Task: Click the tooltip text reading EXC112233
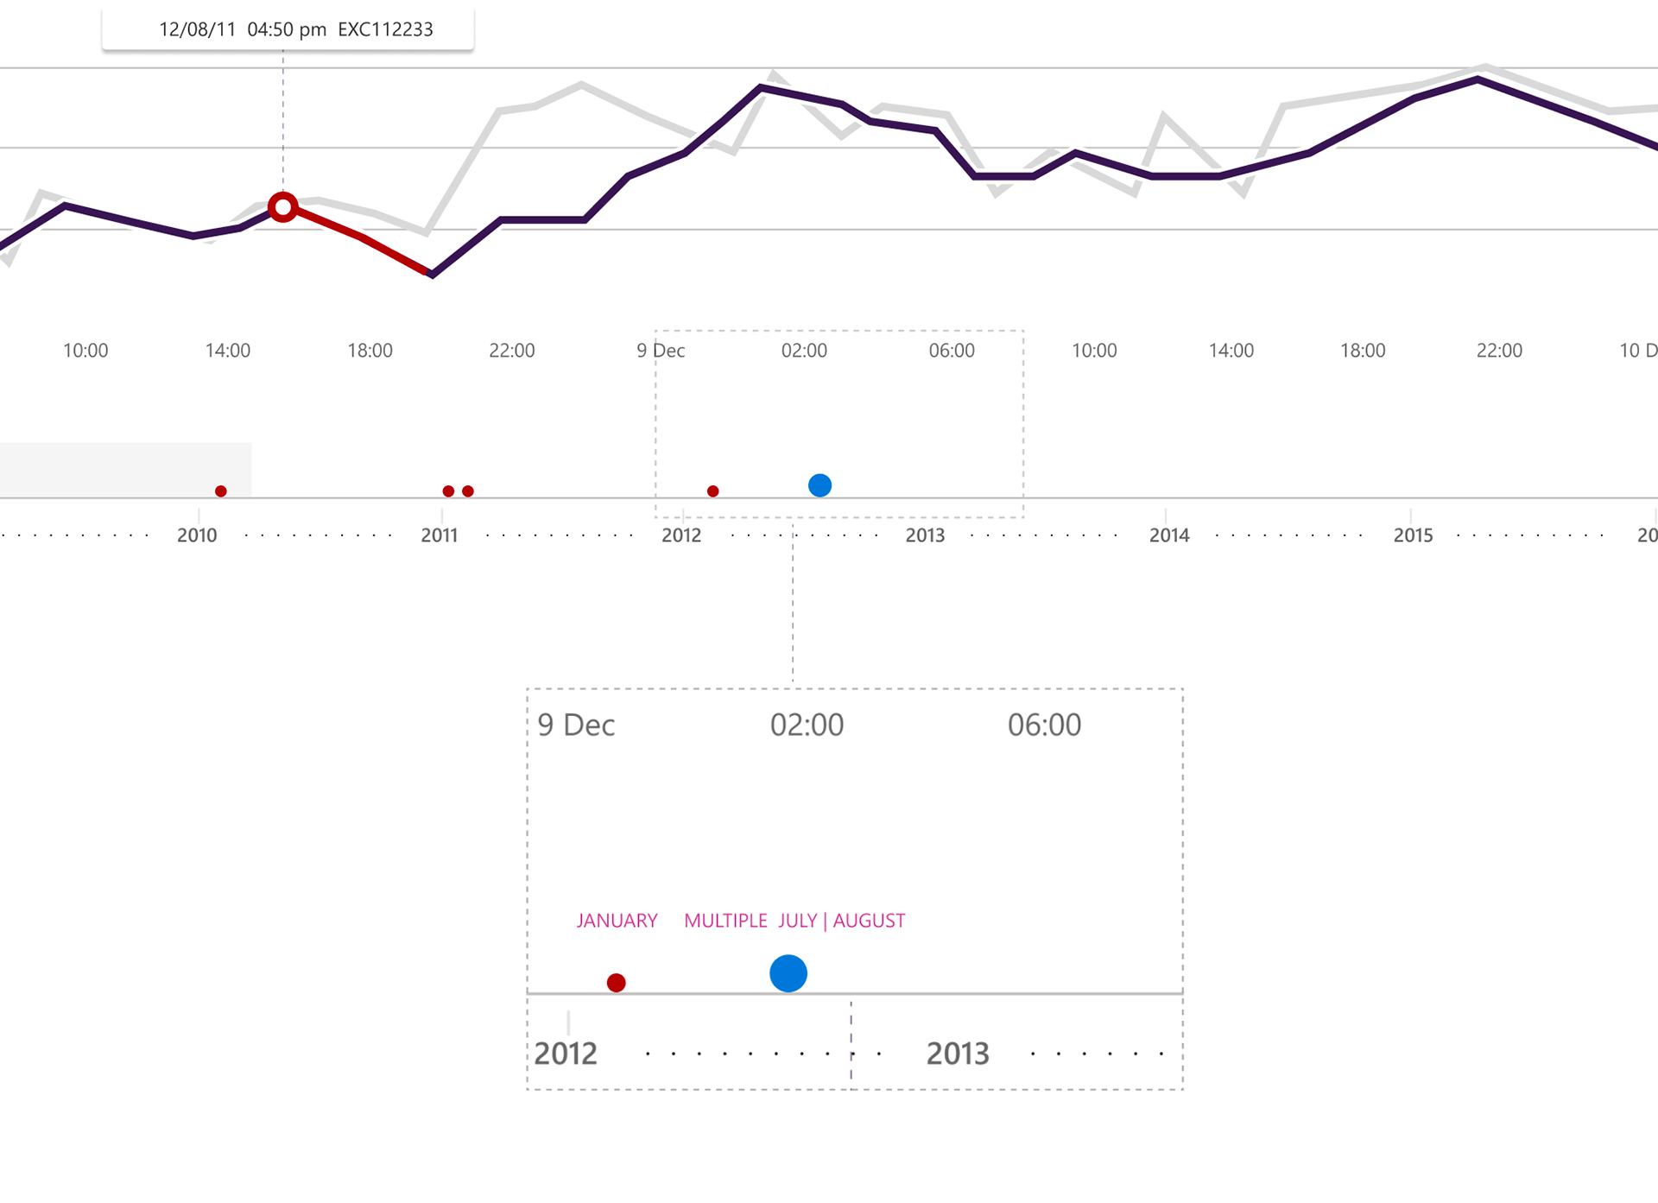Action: point(385,29)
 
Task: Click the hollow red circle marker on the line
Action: point(282,207)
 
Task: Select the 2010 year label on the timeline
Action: point(197,535)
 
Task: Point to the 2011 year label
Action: point(440,535)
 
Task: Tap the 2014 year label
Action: point(1169,535)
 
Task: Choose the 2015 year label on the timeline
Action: point(1413,535)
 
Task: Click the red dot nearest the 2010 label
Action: point(221,491)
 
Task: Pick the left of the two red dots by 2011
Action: point(448,491)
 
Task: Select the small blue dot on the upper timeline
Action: point(820,485)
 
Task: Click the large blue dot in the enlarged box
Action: point(788,973)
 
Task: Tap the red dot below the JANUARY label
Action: point(616,983)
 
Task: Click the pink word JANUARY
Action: point(617,921)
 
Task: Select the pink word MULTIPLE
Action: point(725,921)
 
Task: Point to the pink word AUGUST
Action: point(869,921)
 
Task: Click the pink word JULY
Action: point(797,921)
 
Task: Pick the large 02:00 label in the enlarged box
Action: point(807,725)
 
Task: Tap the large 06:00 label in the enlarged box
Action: point(1044,725)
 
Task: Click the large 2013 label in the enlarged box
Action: point(958,1054)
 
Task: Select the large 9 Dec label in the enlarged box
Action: point(576,725)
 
